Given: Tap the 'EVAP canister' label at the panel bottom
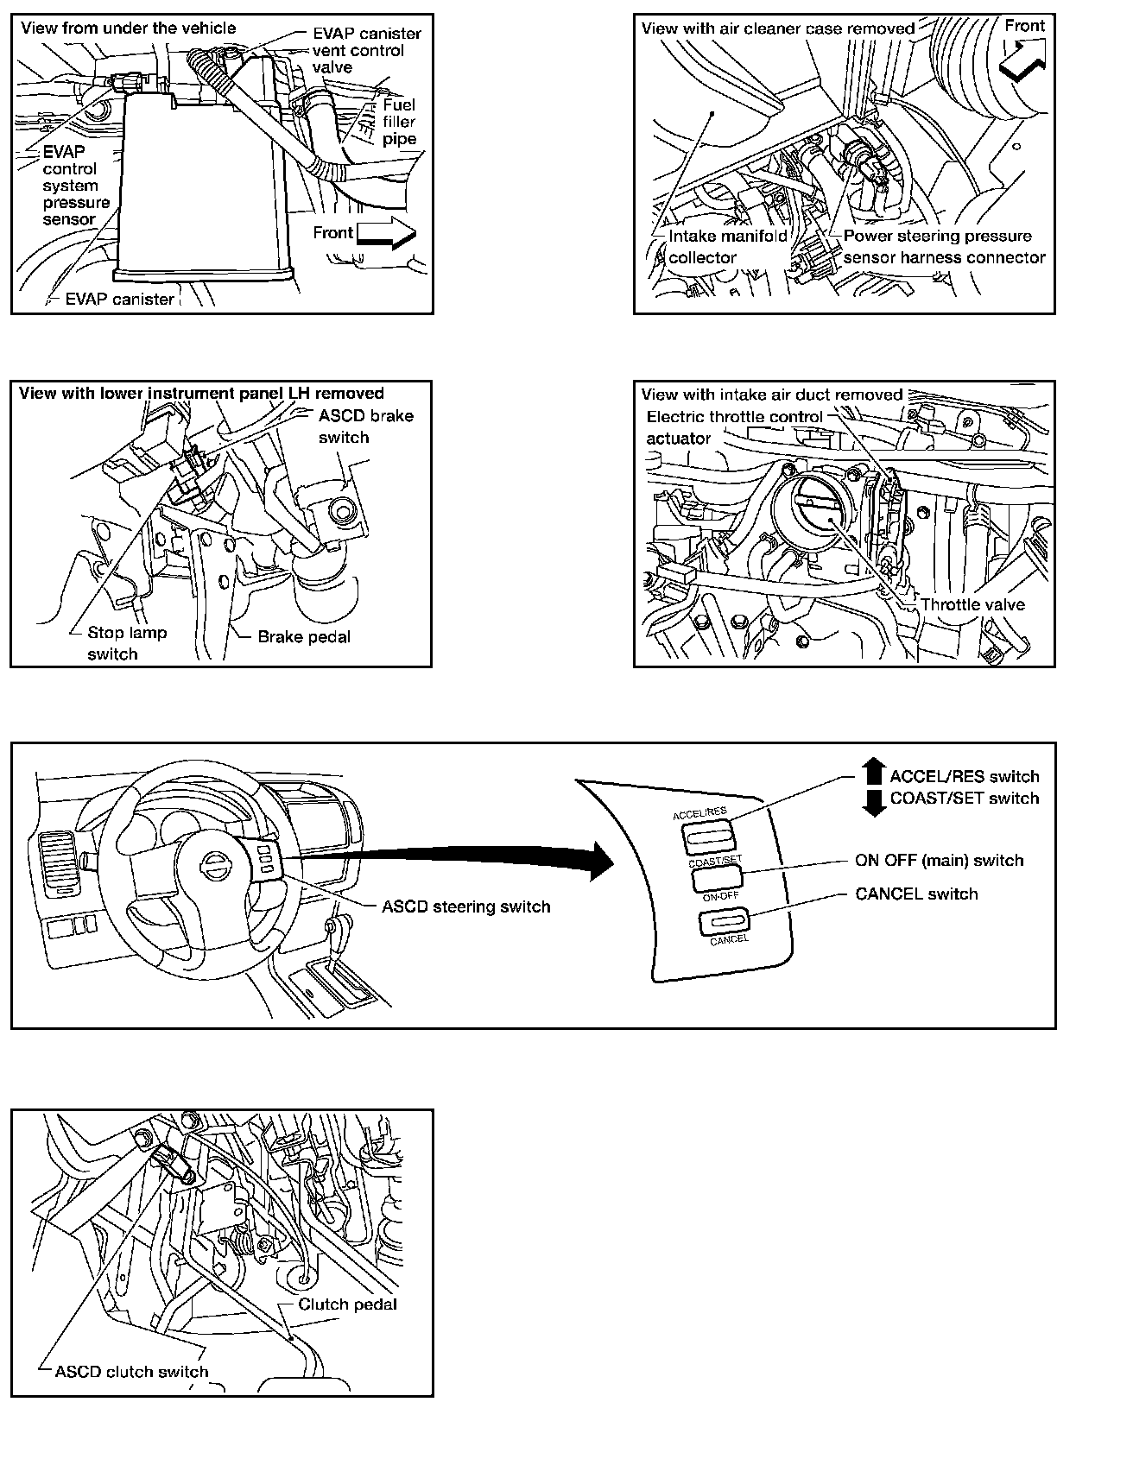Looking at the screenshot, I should click(119, 300).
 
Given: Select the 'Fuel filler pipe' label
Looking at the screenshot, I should click(399, 122).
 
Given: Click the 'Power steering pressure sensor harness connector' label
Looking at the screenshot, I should click(943, 247).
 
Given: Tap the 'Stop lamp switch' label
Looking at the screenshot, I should click(126, 643).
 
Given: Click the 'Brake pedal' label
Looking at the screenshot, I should click(304, 637).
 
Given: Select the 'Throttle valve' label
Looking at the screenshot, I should click(972, 604).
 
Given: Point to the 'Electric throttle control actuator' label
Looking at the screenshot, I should click(734, 427).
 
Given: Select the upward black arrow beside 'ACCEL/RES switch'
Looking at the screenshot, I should click(874, 771).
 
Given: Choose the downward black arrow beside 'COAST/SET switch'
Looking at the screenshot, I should click(874, 803).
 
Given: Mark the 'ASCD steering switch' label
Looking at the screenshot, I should click(465, 906).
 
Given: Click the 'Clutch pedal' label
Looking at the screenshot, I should click(347, 1304).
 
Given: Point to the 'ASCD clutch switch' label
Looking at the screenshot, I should click(131, 1371).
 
